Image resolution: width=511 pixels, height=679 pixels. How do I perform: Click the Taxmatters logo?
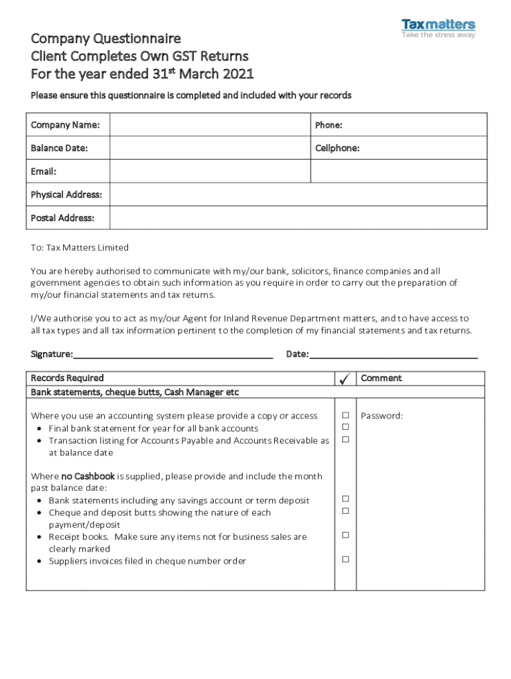[x=438, y=29]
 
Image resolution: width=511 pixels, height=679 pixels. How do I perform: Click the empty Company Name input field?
[x=210, y=125]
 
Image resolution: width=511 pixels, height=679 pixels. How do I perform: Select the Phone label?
[x=328, y=125]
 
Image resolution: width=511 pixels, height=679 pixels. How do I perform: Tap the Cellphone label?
[x=337, y=148]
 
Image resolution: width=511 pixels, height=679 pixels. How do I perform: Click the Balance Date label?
[x=59, y=148]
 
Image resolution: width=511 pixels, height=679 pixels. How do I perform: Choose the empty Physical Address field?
[x=298, y=195]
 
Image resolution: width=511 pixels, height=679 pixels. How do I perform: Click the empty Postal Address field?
[x=298, y=218]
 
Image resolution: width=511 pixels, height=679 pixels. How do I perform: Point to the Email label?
[x=43, y=172]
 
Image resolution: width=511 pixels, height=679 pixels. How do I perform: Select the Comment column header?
[x=381, y=378]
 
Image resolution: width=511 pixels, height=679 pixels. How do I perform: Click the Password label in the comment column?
[x=382, y=416]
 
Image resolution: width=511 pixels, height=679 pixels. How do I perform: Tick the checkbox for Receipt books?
[x=345, y=535]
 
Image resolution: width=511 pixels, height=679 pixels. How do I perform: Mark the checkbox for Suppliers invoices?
[x=345, y=560]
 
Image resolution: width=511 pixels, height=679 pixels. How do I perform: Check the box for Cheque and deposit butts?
[x=345, y=511]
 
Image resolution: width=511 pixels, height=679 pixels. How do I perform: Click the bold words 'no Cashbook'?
[x=88, y=476]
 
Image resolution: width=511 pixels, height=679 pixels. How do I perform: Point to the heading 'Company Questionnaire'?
[x=106, y=38]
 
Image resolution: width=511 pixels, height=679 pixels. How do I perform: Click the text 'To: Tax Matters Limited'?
[x=80, y=247]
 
